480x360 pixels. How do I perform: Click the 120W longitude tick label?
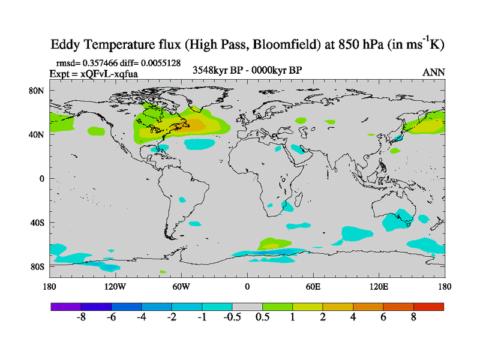pyautogui.click(x=116, y=286)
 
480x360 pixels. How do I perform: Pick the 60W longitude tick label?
pyautogui.click(x=181, y=286)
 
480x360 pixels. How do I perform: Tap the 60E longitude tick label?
pyautogui.click(x=313, y=286)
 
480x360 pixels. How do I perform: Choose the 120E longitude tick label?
pyautogui.click(x=379, y=286)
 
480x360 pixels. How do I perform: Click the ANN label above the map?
pyautogui.click(x=434, y=72)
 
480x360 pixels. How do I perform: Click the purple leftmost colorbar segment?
pyautogui.click(x=66, y=307)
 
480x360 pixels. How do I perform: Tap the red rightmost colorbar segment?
pyautogui.click(x=429, y=307)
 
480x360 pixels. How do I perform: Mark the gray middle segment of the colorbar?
pyautogui.click(x=247, y=307)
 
